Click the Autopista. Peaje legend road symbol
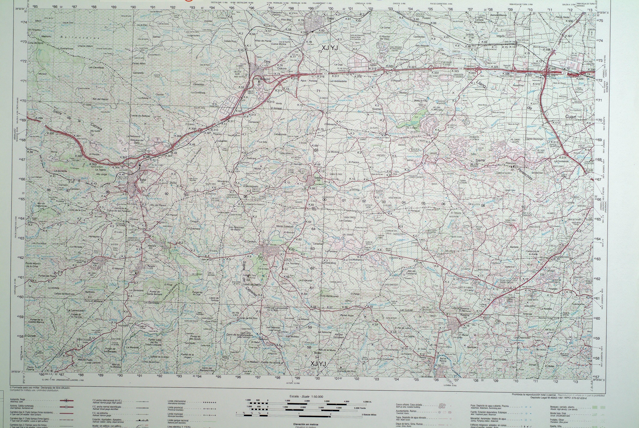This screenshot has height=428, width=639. (x=66, y=408)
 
